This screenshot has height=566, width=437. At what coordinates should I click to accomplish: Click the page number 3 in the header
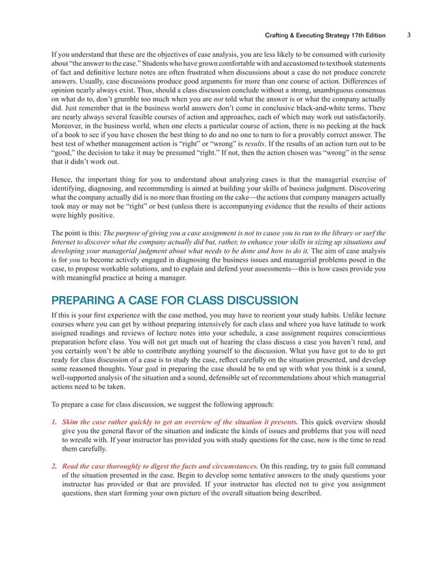pyautogui.click(x=408, y=34)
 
